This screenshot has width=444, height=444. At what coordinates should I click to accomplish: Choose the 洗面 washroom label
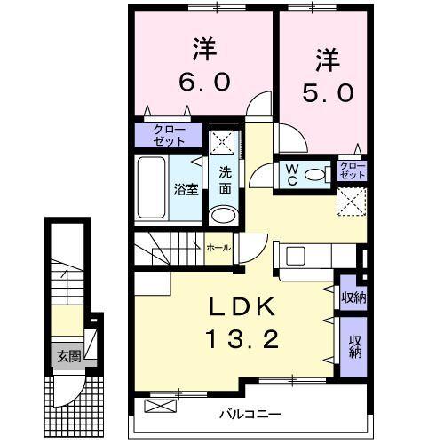pyautogui.click(x=226, y=180)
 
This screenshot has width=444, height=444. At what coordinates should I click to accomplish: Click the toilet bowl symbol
pyautogui.click(x=313, y=175)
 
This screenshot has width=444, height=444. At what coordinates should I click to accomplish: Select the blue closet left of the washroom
pyautogui.click(x=170, y=136)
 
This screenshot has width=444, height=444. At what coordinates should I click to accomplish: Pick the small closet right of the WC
pyautogui.click(x=353, y=170)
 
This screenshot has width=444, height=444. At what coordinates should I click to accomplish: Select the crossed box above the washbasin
pyautogui.click(x=223, y=142)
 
